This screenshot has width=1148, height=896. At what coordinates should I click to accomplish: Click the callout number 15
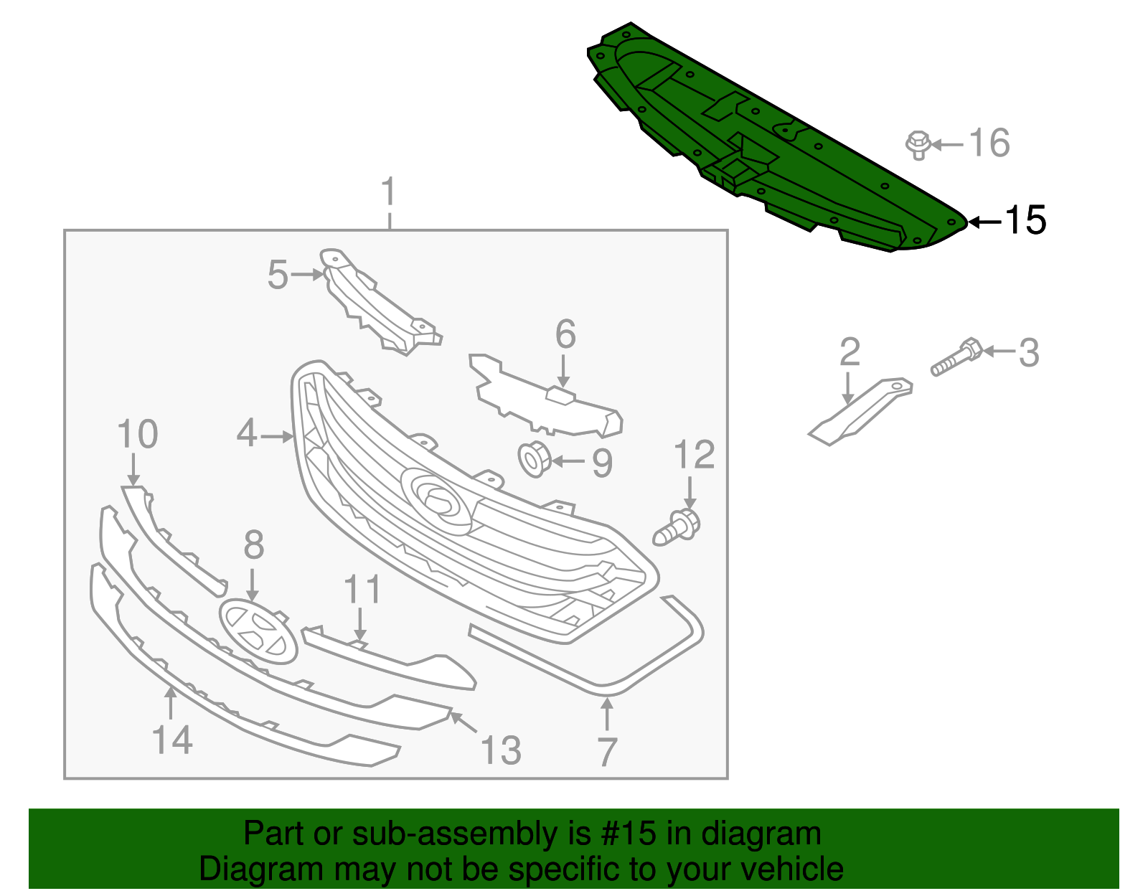pos(1025,220)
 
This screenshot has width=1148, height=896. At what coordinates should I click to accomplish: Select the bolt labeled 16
pos(918,144)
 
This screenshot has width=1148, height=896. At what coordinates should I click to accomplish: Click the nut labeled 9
pos(534,459)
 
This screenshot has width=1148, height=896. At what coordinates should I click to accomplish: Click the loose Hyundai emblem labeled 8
pos(258,632)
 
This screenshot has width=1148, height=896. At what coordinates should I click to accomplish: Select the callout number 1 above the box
pos(388,192)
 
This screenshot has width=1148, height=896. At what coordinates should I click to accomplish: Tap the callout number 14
pos(172,740)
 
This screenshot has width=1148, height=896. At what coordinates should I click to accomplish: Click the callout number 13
pos(500,750)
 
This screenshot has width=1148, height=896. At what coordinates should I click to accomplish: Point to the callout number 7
pos(607,752)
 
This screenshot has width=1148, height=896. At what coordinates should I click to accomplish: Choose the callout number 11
pos(362,590)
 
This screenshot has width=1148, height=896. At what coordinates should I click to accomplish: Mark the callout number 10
pos(137,435)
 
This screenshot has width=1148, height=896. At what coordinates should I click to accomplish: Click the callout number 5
pos(278,275)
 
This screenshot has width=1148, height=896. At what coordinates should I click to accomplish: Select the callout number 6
pos(565,334)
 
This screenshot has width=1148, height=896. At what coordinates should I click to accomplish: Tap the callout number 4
pos(247,433)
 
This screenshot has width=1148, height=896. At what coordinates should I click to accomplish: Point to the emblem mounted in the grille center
pos(438,499)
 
